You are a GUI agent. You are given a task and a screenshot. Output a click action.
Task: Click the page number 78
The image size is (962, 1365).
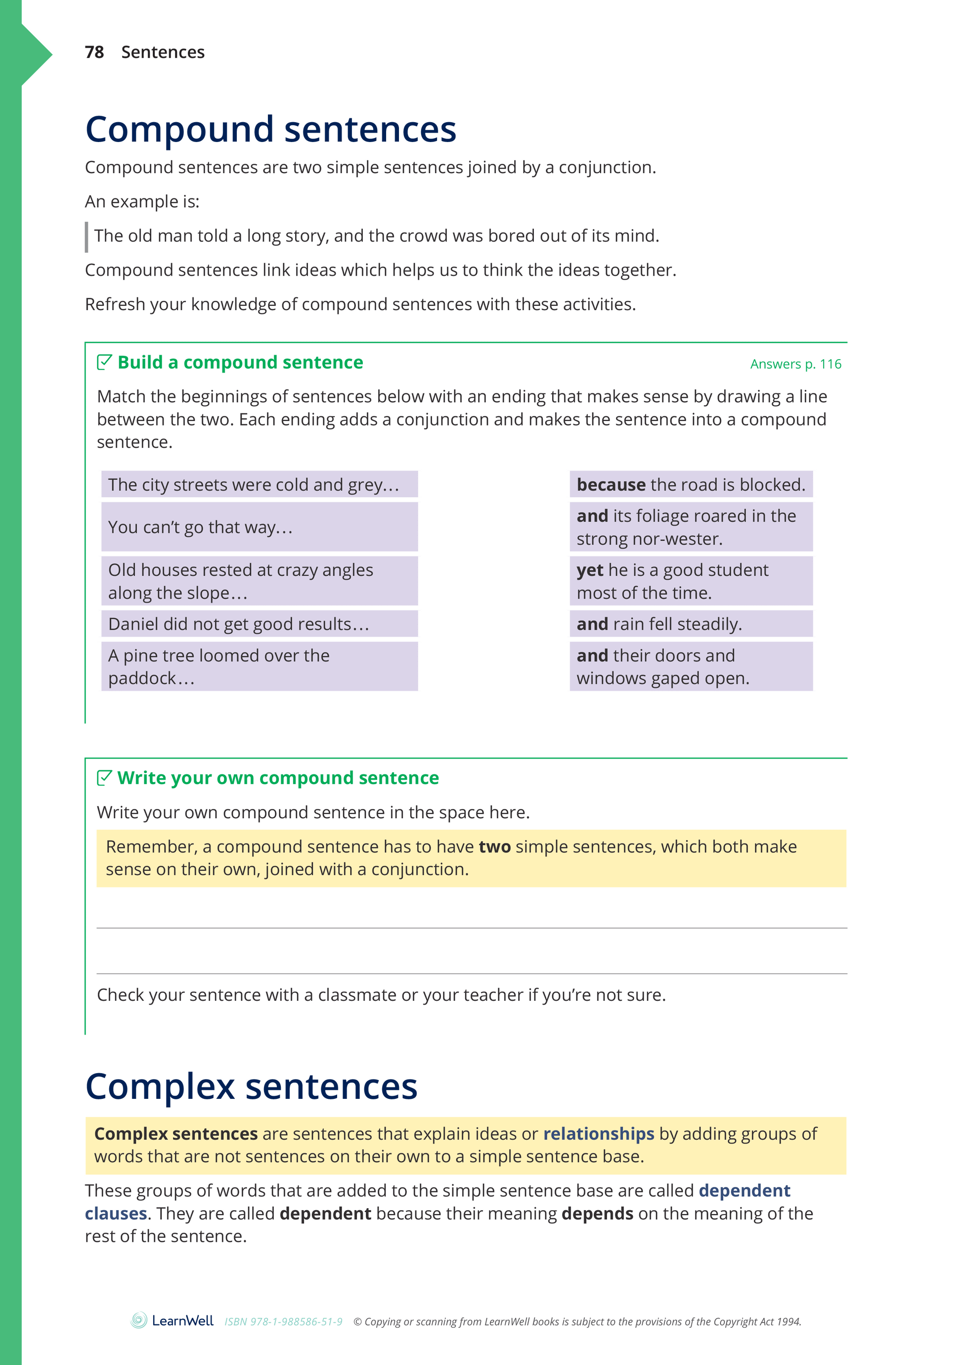click(x=94, y=52)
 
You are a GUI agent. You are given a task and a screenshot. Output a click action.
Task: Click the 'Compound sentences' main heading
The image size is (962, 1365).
click(x=270, y=129)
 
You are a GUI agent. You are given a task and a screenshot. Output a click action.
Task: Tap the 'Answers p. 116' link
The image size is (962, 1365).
click(x=795, y=364)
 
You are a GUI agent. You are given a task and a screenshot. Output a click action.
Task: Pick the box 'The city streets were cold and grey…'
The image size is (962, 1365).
click(x=259, y=484)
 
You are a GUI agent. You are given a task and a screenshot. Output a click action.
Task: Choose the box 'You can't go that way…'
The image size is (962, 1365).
click(x=259, y=527)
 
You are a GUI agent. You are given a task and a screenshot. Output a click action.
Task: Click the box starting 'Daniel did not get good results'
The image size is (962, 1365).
click(x=259, y=624)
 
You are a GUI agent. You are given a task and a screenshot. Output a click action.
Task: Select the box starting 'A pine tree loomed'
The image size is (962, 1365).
click(x=259, y=666)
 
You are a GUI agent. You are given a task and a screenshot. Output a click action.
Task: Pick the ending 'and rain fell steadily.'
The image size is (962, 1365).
click(x=691, y=624)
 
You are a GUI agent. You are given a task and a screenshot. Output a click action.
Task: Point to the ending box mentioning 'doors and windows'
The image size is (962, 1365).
click(x=691, y=666)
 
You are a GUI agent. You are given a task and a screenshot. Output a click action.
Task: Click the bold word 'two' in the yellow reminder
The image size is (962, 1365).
click(x=494, y=847)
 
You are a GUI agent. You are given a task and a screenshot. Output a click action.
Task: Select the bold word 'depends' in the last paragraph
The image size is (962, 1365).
click(x=597, y=1214)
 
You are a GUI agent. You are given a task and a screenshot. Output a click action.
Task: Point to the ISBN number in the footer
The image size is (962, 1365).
click(x=283, y=1321)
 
